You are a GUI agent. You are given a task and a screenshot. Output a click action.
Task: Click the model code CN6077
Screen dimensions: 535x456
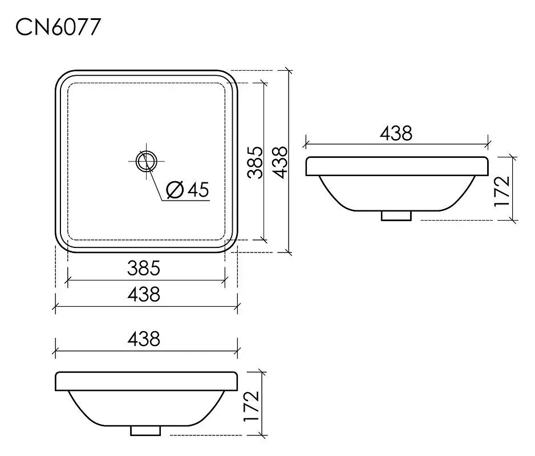(58, 27)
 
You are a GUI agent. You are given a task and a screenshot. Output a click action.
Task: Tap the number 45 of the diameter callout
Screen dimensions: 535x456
(198, 190)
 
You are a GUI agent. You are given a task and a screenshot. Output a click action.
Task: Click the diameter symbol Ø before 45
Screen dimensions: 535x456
(175, 190)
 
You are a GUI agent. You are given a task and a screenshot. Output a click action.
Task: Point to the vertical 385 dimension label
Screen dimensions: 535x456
(256, 162)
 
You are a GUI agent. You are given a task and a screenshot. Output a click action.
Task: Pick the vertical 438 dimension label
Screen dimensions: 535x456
(281, 162)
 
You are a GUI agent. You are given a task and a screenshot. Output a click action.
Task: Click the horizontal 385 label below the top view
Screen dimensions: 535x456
(144, 268)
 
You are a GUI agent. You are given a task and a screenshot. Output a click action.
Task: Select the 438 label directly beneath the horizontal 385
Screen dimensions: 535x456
(144, 294)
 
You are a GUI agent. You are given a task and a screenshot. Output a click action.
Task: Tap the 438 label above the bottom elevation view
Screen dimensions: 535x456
(144, 339)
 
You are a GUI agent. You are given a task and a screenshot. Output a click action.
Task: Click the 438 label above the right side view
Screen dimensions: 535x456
(396, 133)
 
